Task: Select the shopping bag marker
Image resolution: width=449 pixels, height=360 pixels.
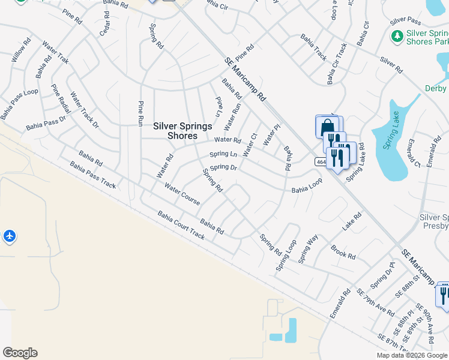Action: coord(325,128)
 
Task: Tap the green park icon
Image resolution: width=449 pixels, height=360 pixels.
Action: coord(397,37)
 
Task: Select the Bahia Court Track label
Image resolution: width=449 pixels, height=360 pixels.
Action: coord(181,225)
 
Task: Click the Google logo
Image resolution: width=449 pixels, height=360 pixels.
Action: coord(20,353)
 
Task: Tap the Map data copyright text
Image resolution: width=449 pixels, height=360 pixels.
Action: coord(411,355)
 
